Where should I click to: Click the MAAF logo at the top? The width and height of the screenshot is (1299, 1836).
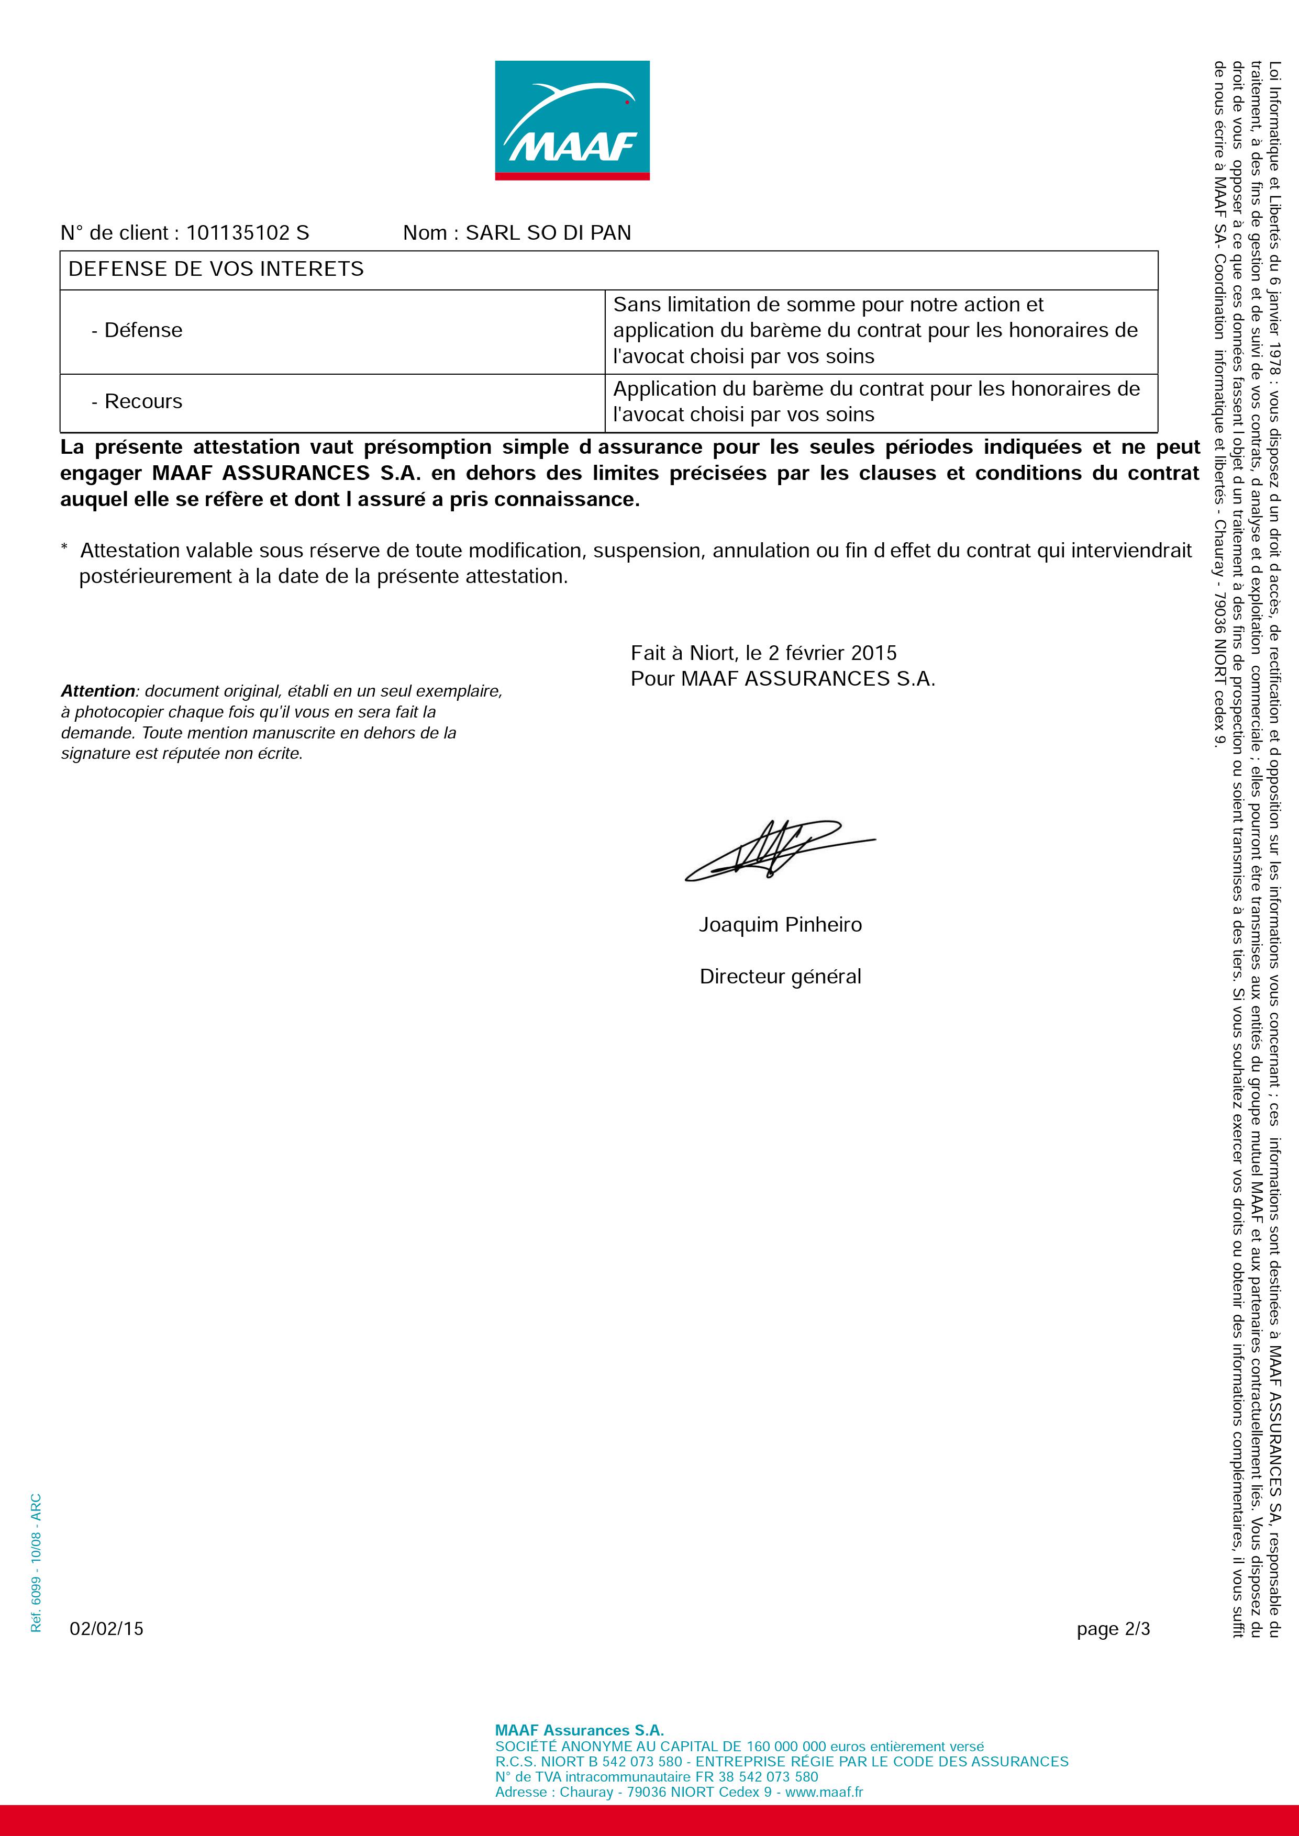coord(572,120)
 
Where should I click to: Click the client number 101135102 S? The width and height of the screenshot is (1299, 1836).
coord(247,233)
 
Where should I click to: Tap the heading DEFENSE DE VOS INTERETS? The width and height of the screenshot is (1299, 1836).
coord(216,268)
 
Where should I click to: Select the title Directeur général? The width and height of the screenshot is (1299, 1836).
coord(780,977)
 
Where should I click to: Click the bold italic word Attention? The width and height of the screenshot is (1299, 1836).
coord(97,691)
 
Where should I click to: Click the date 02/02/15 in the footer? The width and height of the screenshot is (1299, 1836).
coord(106,1629)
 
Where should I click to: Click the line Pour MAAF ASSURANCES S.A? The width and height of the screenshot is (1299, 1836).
coord(782,679)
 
